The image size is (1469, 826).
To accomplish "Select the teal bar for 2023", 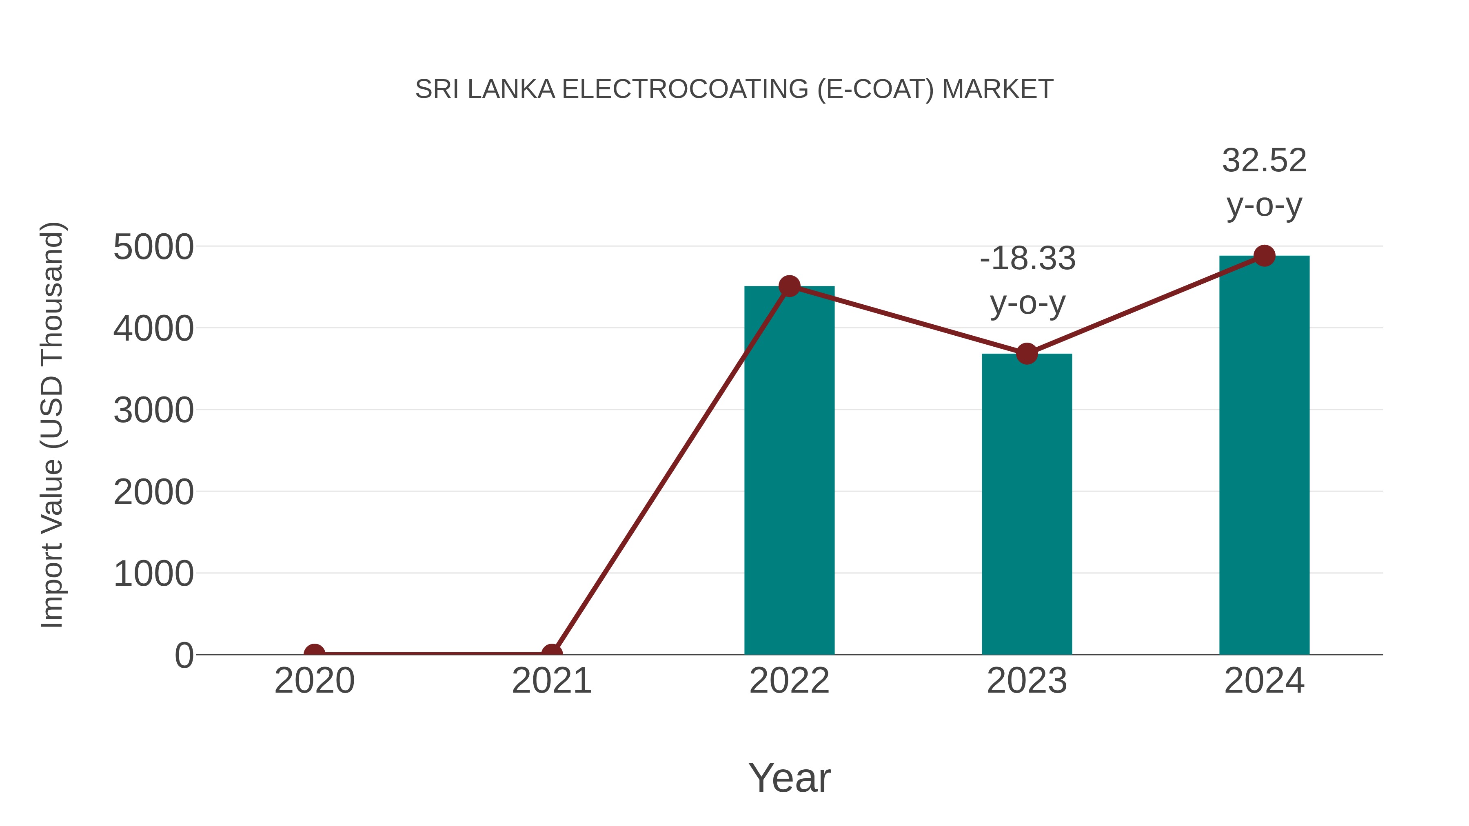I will [1027, 507].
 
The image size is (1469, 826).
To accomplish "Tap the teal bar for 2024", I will [1264, 456].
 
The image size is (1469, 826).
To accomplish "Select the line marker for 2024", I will [1264, 255].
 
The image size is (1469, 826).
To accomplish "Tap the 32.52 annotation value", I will [1264, 161].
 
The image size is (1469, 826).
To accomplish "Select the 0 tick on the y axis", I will [184, 655].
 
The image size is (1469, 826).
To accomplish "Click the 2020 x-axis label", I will [314, 681].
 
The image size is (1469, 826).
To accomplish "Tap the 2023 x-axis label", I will [1027, 681].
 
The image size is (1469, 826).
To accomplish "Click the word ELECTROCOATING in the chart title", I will [685, 89].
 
